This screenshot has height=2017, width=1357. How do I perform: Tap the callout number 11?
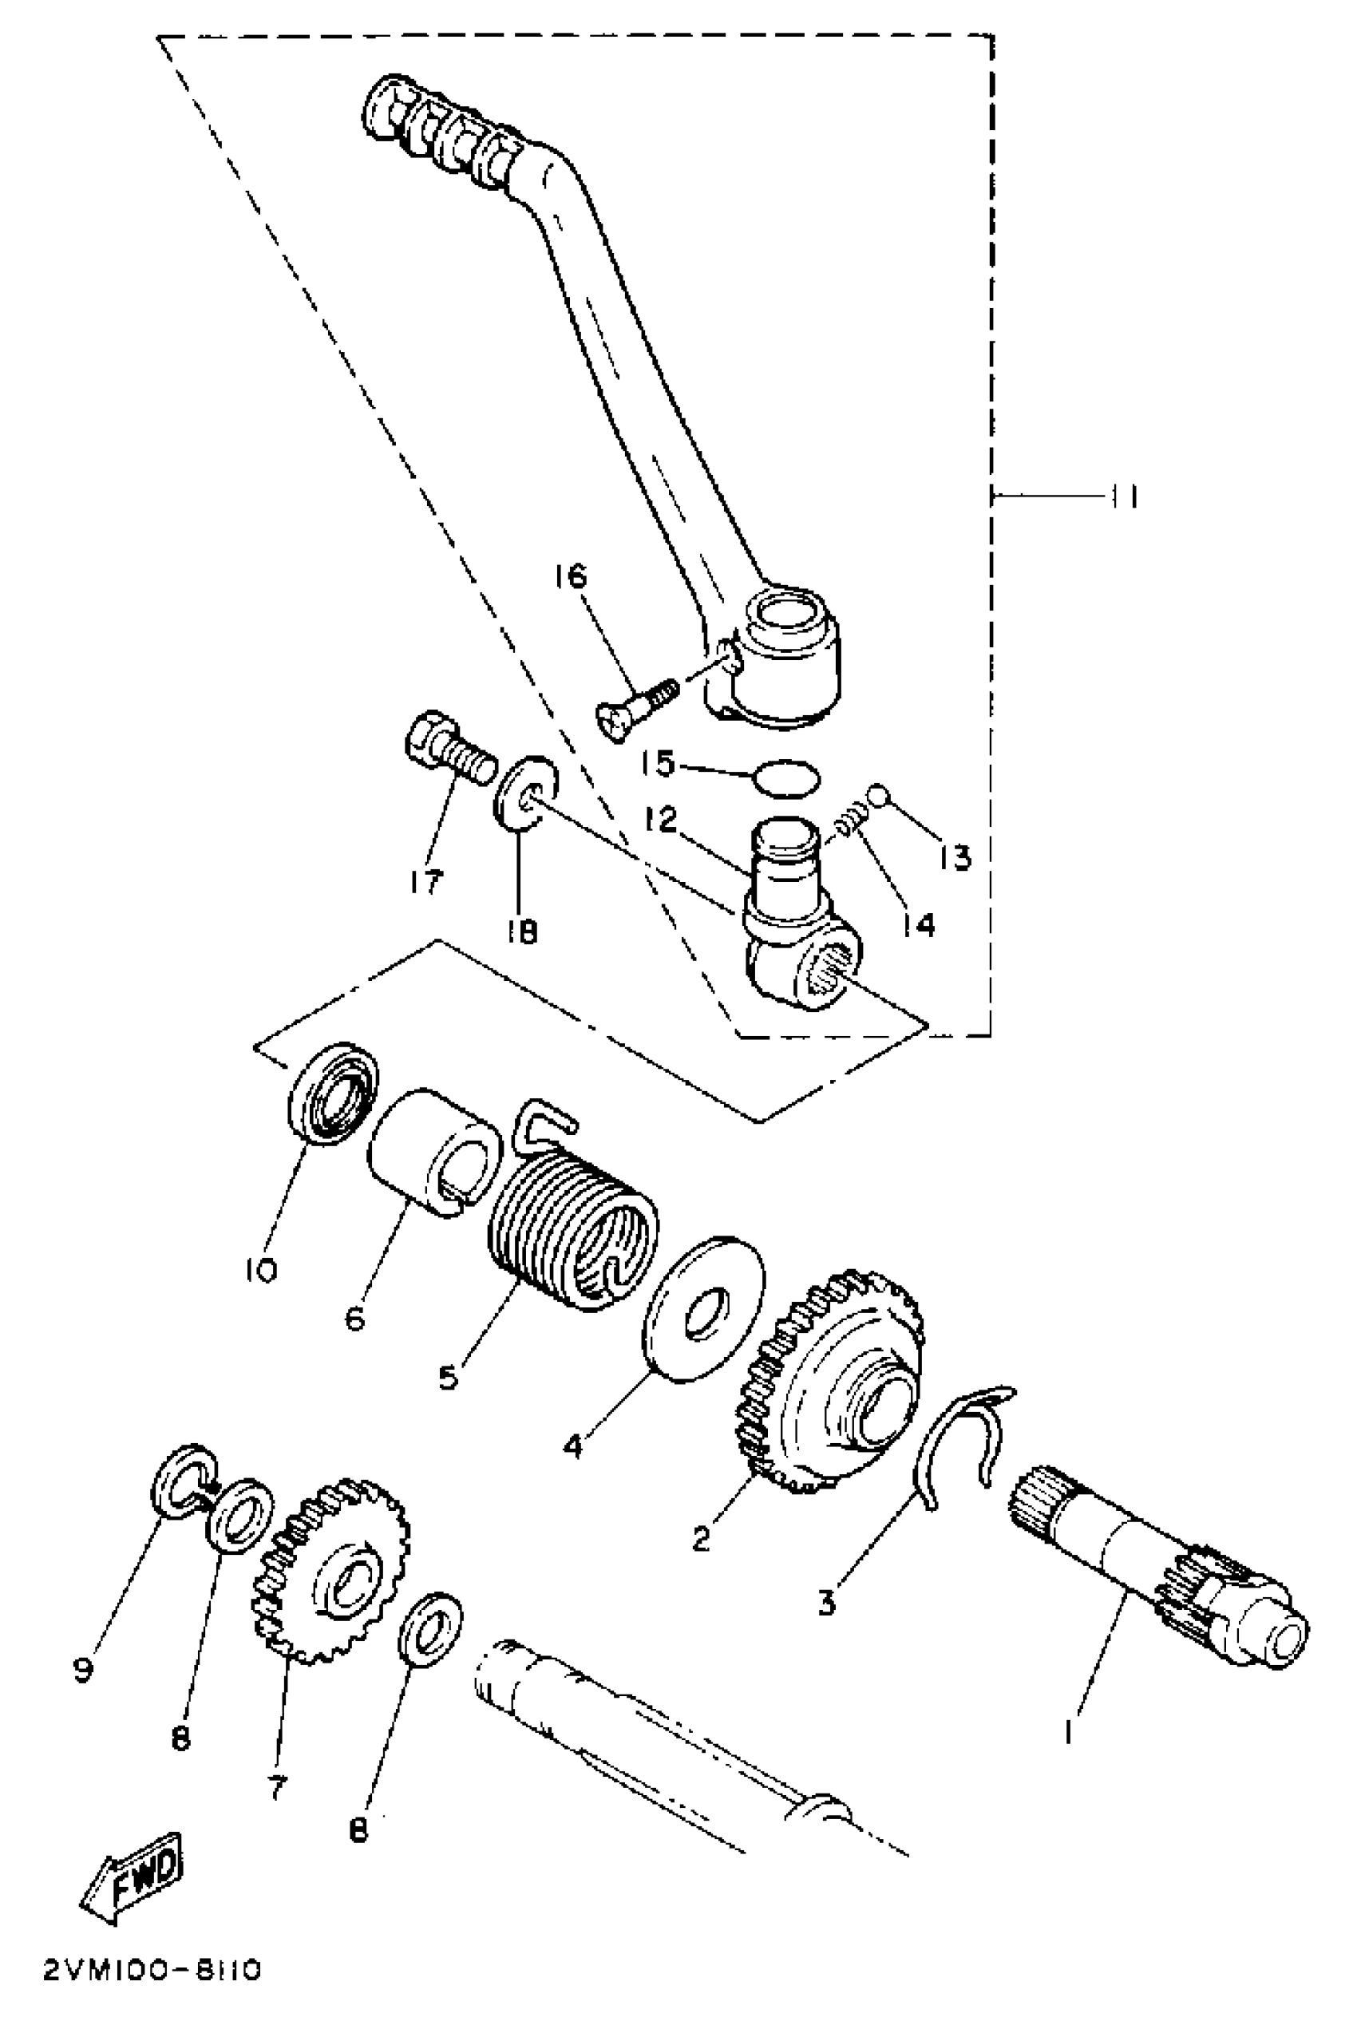click(x=1122, y=496)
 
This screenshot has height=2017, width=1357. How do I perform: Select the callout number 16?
click(x=572, y=576)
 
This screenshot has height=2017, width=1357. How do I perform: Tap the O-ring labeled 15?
click(x=784, y=779)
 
